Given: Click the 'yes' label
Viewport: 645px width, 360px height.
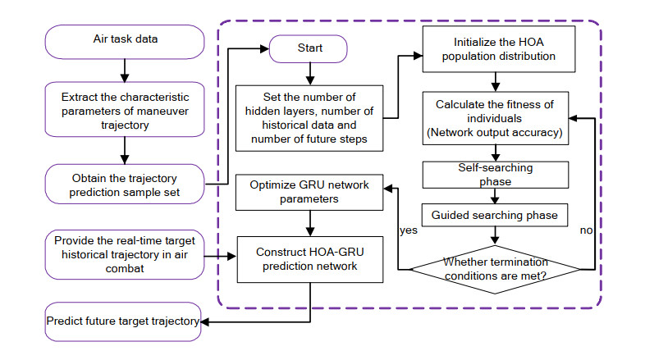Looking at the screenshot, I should pyautogui.click(x=407, y=230).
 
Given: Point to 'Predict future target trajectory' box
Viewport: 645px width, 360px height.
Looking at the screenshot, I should pyautogui.click(x=122, y=321).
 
